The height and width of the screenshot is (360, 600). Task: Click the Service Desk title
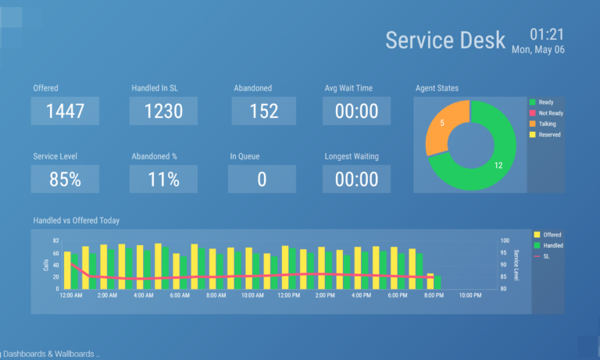[x=445, y=40]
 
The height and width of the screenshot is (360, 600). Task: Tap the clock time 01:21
[x=547, y=34]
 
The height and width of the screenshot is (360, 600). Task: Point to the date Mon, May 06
[x=538, y=50]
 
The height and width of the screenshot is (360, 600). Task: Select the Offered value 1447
[x=65, y=111]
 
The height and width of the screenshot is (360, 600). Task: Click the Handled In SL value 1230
[x=163, y=111]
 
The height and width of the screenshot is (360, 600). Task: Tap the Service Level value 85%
[x=65, y=179]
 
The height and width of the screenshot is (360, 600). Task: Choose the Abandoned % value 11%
[x=163, y=179]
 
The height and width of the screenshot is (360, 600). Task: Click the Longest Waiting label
[x=352, y=156]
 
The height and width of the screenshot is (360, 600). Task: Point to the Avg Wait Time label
[x=348, y=88]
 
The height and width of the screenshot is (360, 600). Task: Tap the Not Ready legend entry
[x=550, y=113]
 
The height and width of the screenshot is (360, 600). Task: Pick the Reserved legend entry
[x=549, y=135]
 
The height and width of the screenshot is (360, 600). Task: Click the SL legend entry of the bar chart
[x=546, y=256]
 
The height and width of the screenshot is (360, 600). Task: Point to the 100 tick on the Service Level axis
[x=505, y=241]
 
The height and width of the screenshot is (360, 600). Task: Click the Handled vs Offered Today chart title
[x=77, y=221]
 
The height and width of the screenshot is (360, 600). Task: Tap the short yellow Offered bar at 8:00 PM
[x=430, y=281]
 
